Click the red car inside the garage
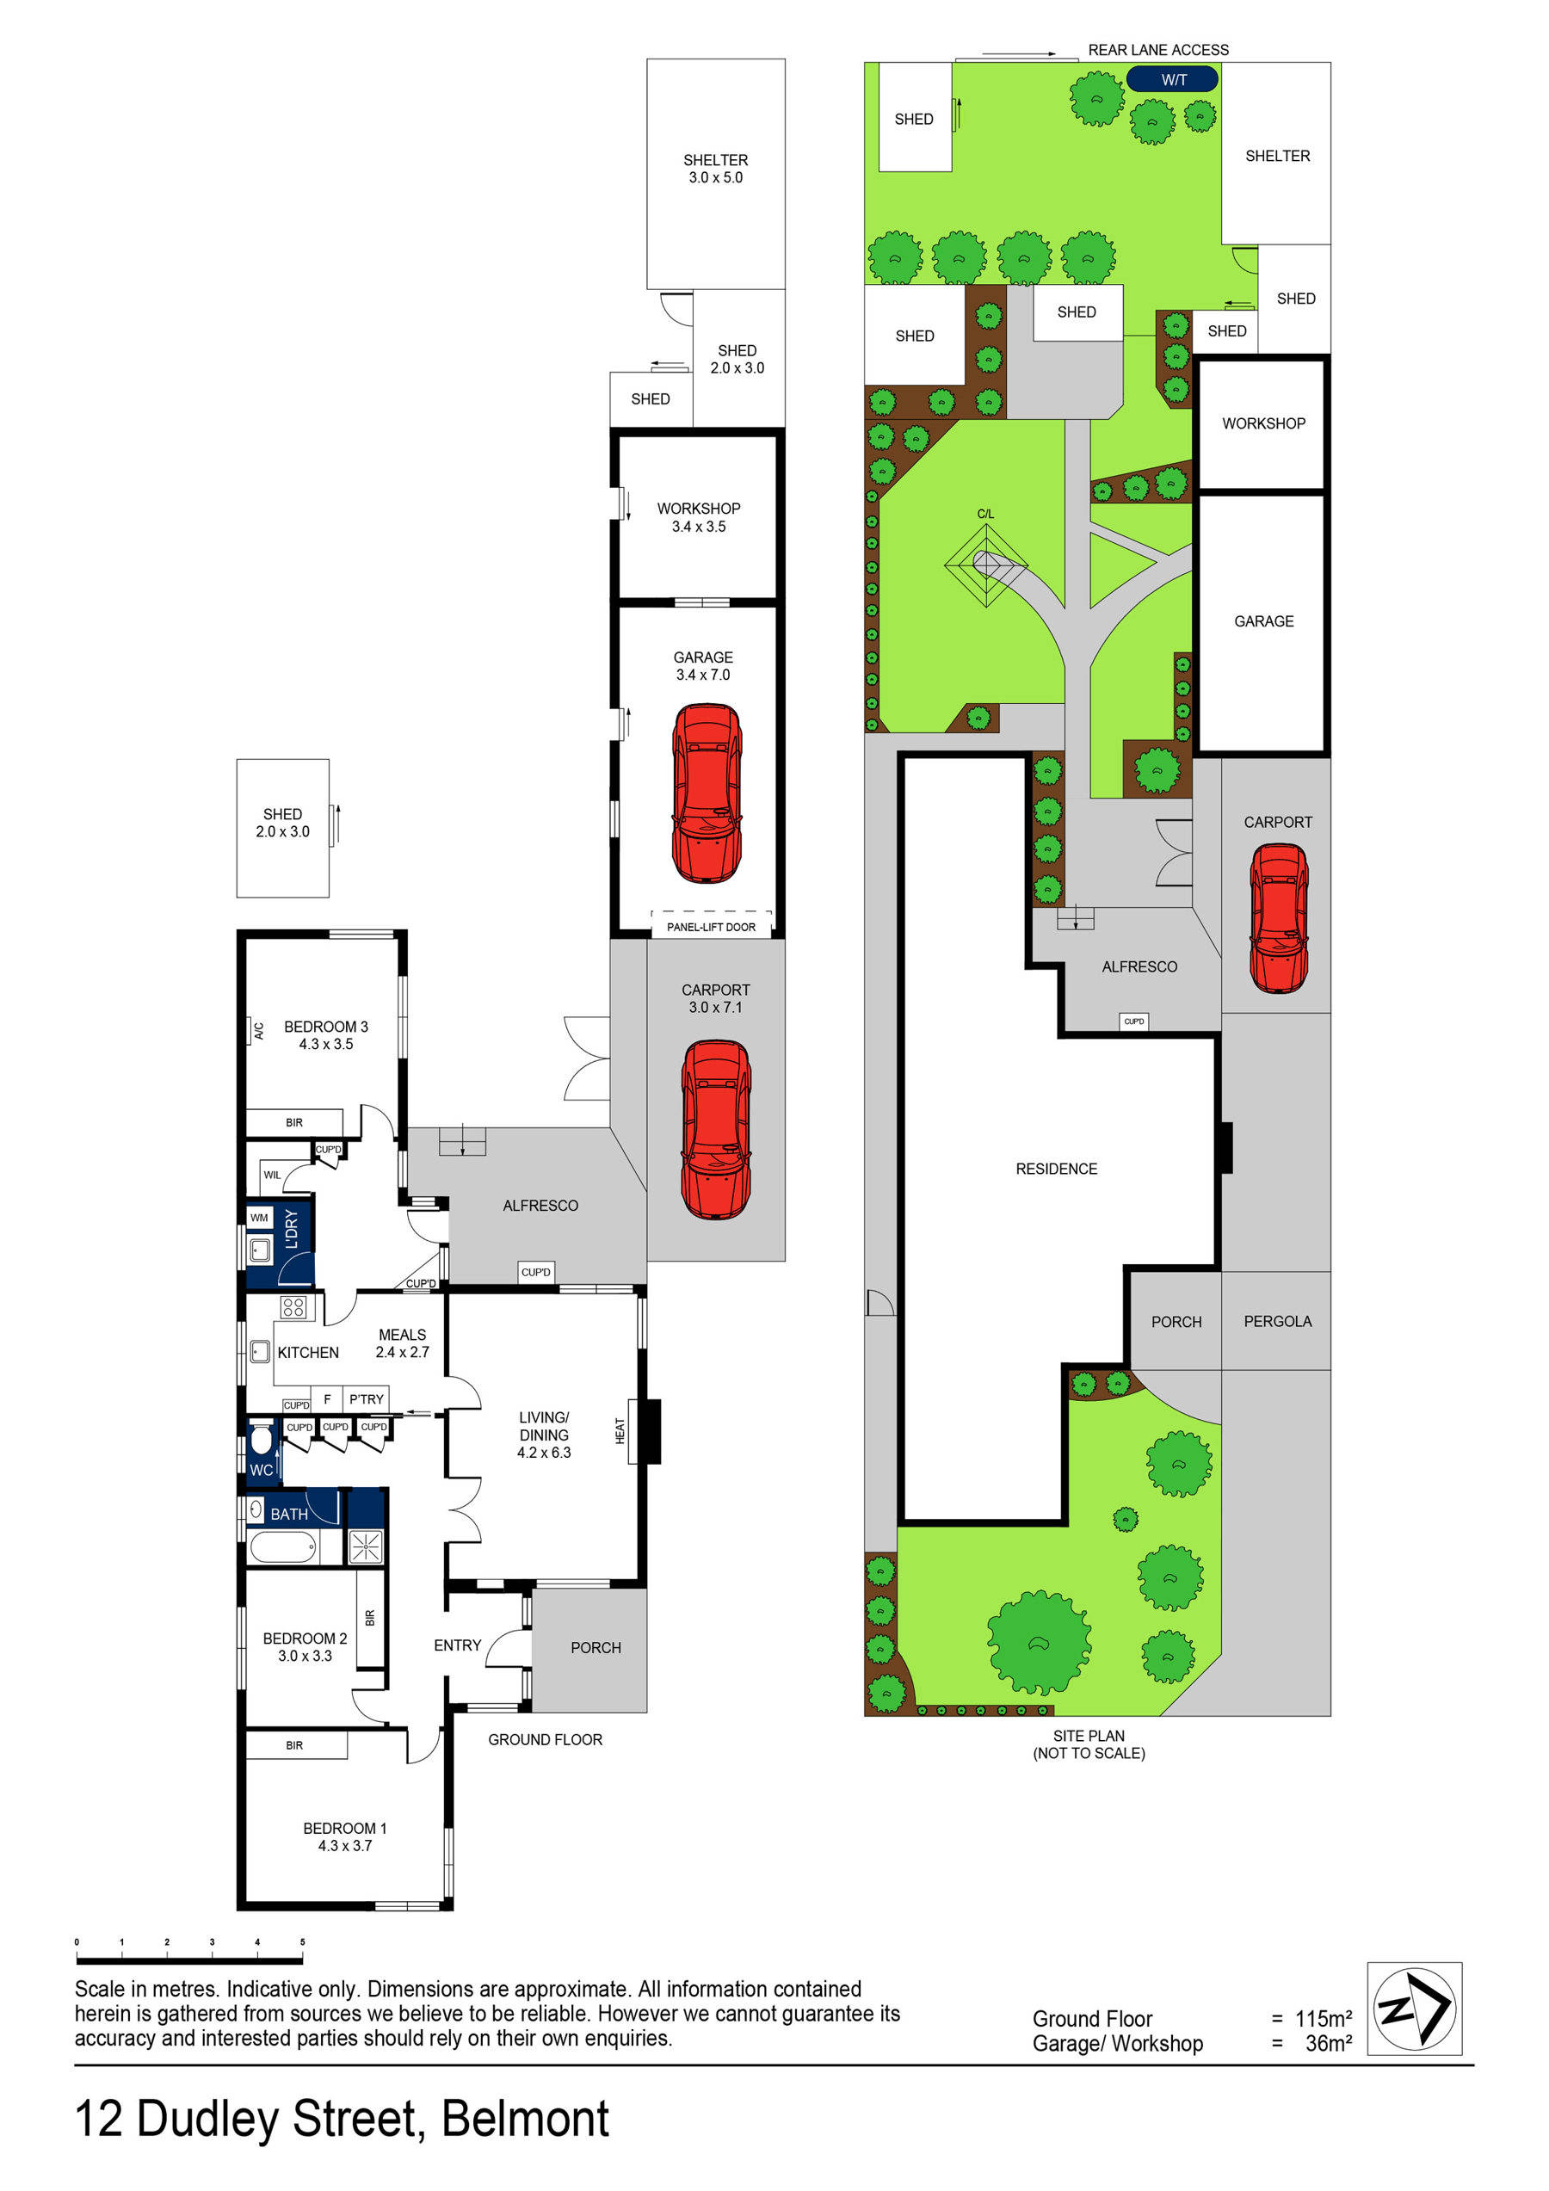(707, 793)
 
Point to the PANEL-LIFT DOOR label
(710, 927)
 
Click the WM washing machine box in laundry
(259, 1218)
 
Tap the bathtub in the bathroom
(282, 1547)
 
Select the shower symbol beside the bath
(365, 1547)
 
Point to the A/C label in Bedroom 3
(257, 1031)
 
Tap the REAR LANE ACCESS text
(1157, 50)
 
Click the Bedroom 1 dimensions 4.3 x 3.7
(344, 1846)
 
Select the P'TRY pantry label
(366, 1399)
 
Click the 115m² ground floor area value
(1323, 2018)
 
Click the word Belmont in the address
(525, 2119)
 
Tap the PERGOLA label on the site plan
(1277, 1321)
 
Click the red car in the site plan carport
(1279, 918)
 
